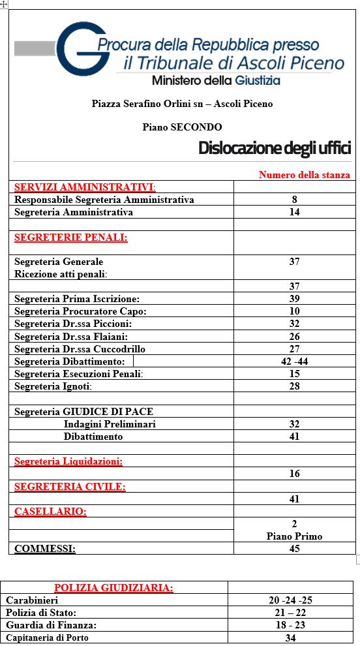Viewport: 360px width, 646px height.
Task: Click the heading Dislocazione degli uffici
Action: coord(275,148)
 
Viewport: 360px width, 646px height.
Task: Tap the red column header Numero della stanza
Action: coord(304,175)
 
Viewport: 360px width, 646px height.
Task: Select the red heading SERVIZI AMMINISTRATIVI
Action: coord(85,187)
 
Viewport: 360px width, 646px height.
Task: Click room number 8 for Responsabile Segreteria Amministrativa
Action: coord(295,200)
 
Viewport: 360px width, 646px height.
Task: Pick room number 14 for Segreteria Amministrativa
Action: coord(295,212)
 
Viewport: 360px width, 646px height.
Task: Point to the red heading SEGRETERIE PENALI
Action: coord(71,238)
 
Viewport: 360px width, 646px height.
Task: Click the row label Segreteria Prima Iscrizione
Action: coord(77,299)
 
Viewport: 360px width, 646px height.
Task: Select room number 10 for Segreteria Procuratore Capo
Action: coord(295,311)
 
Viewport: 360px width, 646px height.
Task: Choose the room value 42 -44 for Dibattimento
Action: coord(295,361)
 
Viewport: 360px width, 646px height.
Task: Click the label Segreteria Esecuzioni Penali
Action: coord(78,374)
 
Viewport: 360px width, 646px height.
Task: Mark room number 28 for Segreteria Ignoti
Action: coord(295,386)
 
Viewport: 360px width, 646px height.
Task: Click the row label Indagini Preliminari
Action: coord(110,424)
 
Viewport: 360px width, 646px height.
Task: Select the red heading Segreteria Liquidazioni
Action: coord(68,461)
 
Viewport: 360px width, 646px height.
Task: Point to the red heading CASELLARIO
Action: coord(50,512)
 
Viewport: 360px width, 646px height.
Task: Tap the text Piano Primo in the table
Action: coord(295,536)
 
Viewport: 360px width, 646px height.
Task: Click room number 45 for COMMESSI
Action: coord(295,549)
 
